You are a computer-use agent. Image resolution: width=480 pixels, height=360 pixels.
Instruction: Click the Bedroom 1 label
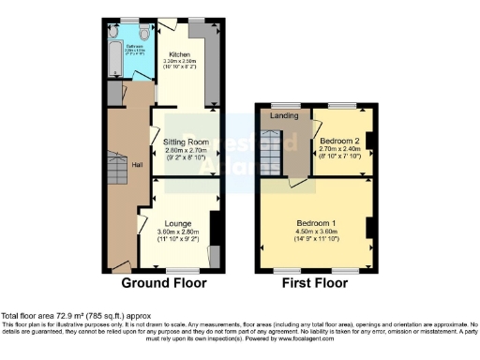[314, 223]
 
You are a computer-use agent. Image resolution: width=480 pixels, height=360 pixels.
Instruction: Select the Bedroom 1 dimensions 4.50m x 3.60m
[314, 232]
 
